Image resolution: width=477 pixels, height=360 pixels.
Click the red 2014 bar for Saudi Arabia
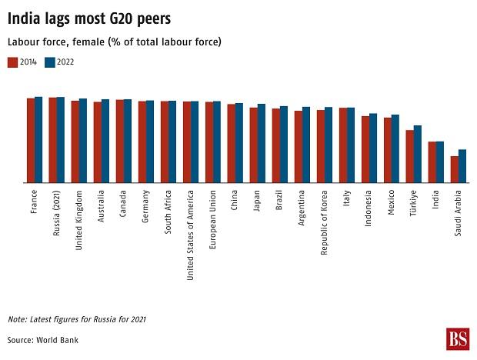click(x=455, y=169)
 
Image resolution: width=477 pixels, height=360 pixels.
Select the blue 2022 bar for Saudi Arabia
click(x=462, y=166)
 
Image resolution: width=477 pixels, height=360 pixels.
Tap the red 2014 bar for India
click(x=432, y=162)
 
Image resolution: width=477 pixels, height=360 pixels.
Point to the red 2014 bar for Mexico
click(x=388, y=150)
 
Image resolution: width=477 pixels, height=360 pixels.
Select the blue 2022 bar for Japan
click(x=262, y=143)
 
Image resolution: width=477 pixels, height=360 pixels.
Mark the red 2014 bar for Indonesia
click(x=365, y=149)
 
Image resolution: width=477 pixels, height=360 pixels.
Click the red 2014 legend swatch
click(x=12, y=62)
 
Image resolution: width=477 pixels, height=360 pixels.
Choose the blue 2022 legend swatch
click(x=50, y=62)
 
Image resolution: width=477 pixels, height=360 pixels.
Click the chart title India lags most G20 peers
click(x=89, y=17)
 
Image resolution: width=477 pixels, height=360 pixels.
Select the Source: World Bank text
click(x=43, y=339)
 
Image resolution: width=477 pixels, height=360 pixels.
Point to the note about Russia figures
click(x=77, y=318)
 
